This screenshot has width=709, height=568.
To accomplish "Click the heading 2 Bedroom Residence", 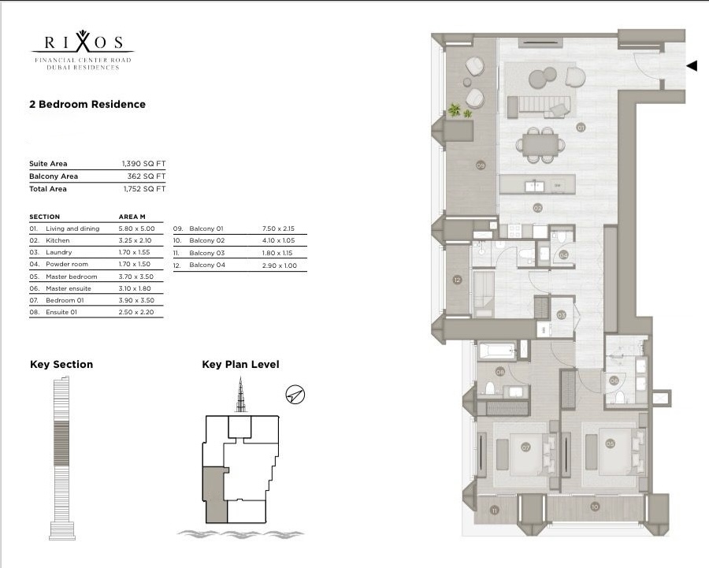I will coord(87,104).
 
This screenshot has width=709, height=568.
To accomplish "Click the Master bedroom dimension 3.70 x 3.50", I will coord(135,277).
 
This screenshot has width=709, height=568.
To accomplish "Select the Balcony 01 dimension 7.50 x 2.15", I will coord(277,228).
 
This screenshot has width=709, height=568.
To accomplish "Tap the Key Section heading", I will coord(61,364).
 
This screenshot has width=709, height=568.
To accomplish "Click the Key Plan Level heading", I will coord(240,364).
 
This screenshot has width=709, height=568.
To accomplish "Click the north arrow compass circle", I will coord(295,395).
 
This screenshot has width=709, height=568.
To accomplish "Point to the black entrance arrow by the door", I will coord(692,66).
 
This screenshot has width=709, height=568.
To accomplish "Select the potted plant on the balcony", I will coord(457,111).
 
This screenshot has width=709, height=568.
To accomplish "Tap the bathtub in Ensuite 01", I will coord(497,349).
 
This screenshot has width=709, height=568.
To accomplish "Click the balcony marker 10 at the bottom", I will coord(595,507).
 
